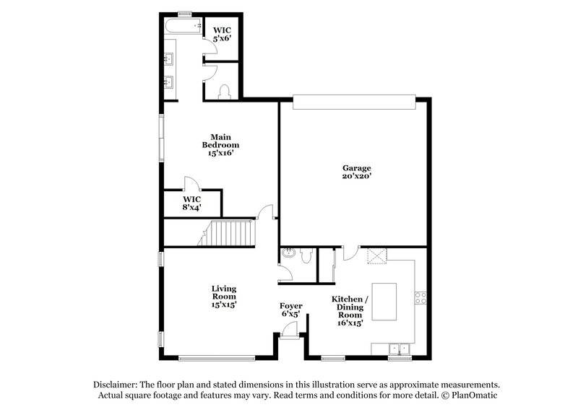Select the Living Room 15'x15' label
(x=224, y=297)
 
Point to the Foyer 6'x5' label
(x=291, y=310)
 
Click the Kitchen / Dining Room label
(x=350, y=311)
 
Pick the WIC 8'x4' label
(x=191, y=203)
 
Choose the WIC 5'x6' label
(x=222, y=33)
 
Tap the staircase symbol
(x=228, y=234)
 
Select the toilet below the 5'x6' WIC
(x=224, y=91)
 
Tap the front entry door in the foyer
(x=290, y=331)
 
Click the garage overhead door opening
(x=355, y=102)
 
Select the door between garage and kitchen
(x=350, y=253)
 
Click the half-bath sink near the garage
(x=288, y=254)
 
